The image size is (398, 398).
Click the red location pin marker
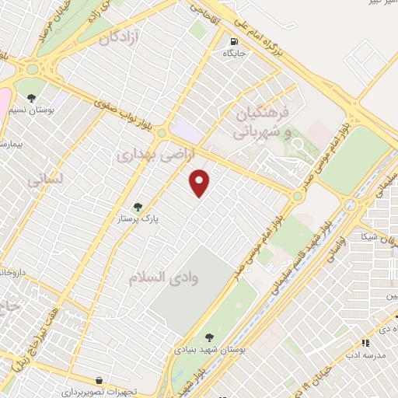201,182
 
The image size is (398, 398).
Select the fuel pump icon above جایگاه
232,42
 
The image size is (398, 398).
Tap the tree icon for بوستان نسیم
31,98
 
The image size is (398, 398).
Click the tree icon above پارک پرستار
138,206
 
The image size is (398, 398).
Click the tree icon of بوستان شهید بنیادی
209,337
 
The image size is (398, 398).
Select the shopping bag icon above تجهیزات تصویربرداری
99,380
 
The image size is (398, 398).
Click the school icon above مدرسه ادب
365,342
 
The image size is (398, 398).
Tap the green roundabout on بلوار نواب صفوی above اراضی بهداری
162,134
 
